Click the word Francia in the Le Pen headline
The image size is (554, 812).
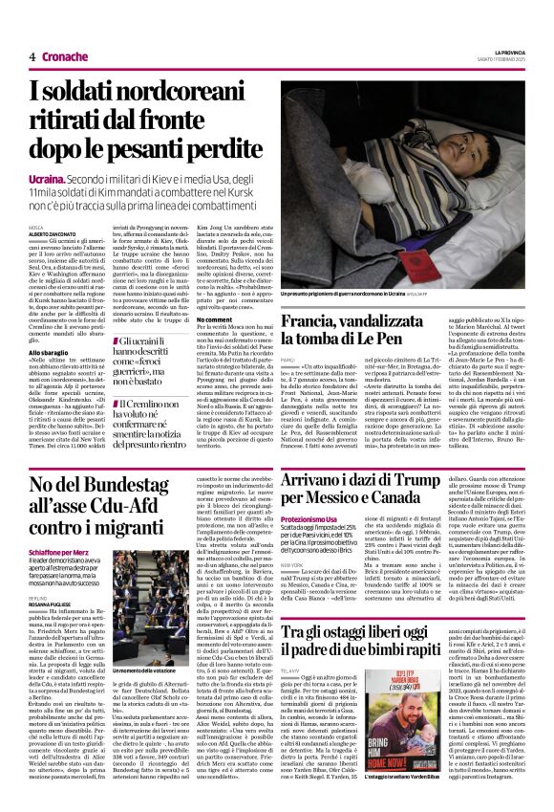[312, 322]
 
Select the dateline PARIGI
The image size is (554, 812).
[288, 360]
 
